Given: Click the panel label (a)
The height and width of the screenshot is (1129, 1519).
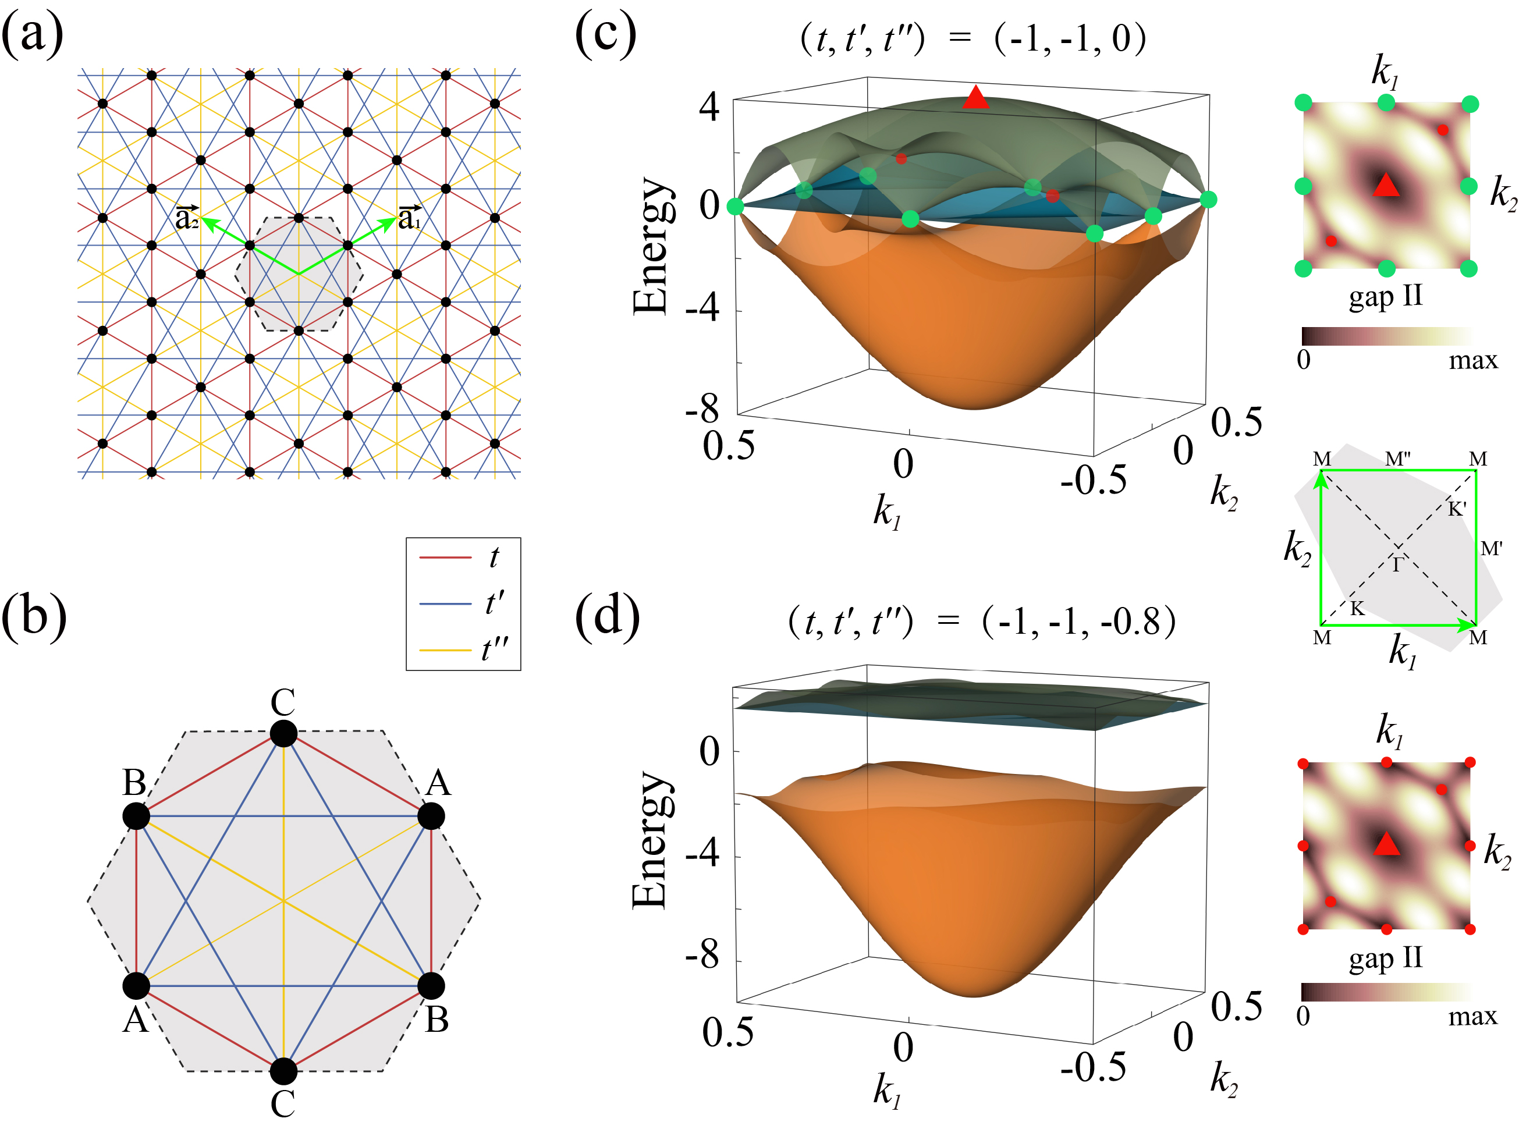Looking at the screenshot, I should tap(32, 34).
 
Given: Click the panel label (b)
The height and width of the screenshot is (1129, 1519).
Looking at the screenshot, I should tap(34, 616).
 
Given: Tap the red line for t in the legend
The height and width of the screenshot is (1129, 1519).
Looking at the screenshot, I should tap(445, 558).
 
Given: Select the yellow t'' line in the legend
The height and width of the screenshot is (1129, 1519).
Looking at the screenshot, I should tap(445, 650).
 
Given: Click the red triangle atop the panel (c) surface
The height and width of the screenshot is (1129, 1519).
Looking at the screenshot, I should tap(975, 98).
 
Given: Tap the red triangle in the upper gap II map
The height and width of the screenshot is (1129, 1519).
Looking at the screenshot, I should tap(1386, 186).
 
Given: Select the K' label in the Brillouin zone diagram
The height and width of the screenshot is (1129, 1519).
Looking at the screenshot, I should tap(1457, 509).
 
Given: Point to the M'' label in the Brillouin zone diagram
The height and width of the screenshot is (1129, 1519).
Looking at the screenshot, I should tap(1397, 459).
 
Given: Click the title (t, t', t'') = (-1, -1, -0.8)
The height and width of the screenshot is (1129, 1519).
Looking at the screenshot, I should tap(981, 622).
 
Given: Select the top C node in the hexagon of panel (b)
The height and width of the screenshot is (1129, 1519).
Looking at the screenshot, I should tap(283, 733).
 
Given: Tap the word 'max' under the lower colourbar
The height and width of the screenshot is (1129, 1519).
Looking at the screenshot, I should tap(1472, 1017).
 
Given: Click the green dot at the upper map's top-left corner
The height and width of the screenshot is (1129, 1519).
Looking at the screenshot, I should tap(1303, 103).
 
